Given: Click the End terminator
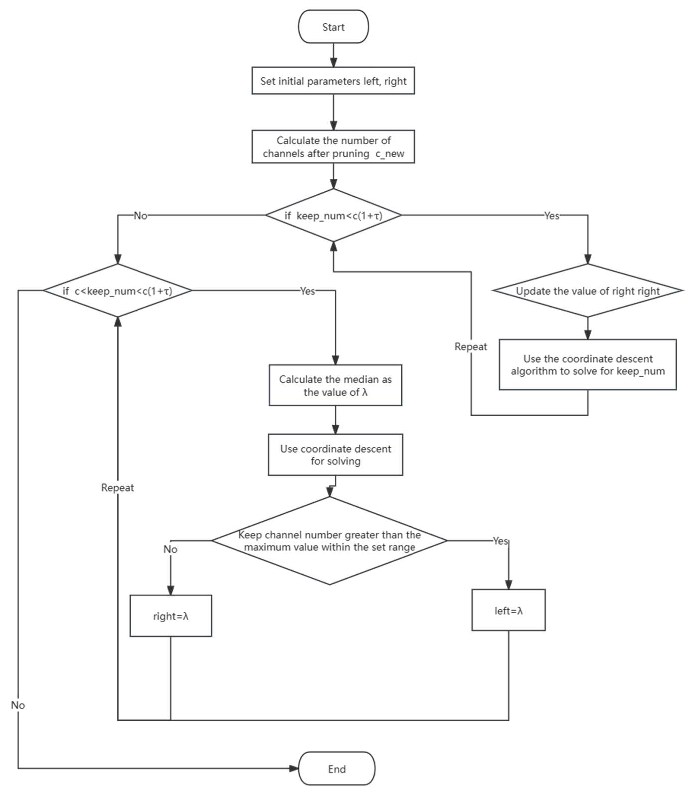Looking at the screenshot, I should pyautogui.click(x=336, y=769).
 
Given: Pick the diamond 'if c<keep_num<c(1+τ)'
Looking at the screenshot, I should pyautogui.click(x=117, y=290).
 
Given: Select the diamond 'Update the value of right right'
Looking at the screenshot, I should pyautogui.click(x=587, y=290).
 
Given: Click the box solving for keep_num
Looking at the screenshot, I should pyautogui.click(x=587, y=364).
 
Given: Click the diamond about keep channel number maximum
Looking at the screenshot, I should pyautogui.click(x=329, y=541).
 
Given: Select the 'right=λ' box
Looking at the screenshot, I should pyautogui.click(x=170, y=616).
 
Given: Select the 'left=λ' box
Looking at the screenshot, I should pyautogui.click(x=508, y=610).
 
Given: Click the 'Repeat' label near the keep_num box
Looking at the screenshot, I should pyautogui.click(x=471, y=346).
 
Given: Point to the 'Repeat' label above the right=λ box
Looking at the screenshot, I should pyautogui.click(x=117, y=487).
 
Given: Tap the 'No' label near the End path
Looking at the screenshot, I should pyautogui.click(x=18, y=705).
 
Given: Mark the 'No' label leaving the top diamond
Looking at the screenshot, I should pyautogui.click(x=140, y=216).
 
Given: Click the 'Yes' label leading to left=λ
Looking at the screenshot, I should pyautogui.click(x=500, y=541).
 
